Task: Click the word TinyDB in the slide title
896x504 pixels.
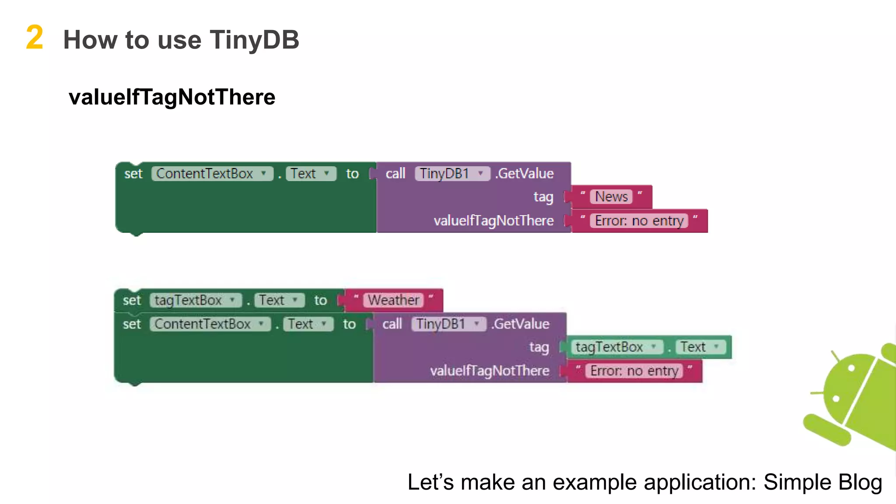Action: (254, 40)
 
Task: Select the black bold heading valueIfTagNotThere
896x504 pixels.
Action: (172, 97)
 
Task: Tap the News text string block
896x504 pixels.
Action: (611, 197)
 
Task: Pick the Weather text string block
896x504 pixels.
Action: (393, 300)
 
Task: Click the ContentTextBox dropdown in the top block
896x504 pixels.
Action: (212, 174)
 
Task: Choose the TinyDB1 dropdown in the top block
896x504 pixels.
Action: (452, 174)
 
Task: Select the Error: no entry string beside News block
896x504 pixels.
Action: (639, 220)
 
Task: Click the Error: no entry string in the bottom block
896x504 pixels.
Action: (634, 371)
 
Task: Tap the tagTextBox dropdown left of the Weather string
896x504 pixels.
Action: (195, 300)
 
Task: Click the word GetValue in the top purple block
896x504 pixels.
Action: (526, 174)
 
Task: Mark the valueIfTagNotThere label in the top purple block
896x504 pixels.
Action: (493, 220)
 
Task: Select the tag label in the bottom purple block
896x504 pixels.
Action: (539, 347)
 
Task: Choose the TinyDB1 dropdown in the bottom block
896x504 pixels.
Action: (448, 324)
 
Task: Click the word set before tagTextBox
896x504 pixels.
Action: (132, 301)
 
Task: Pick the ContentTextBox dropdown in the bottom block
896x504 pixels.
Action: (210, 324)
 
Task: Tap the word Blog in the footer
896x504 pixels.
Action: (860, 483)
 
